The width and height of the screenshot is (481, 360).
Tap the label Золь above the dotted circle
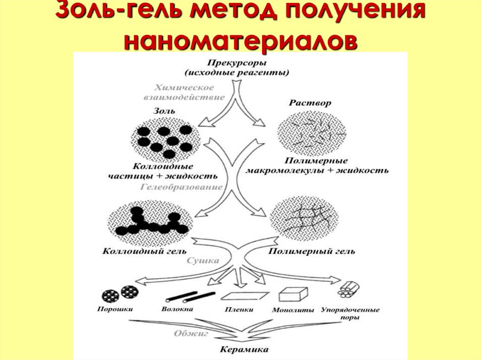tap(164, 111)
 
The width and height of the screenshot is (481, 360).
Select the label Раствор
tap(310, 103)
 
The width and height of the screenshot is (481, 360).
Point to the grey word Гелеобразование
tap(181, 187)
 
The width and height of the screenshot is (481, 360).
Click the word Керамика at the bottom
tap(244, 350)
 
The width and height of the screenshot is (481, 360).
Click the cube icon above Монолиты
tap(293, 294)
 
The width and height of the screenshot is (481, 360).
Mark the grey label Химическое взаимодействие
tap(183, 92)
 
